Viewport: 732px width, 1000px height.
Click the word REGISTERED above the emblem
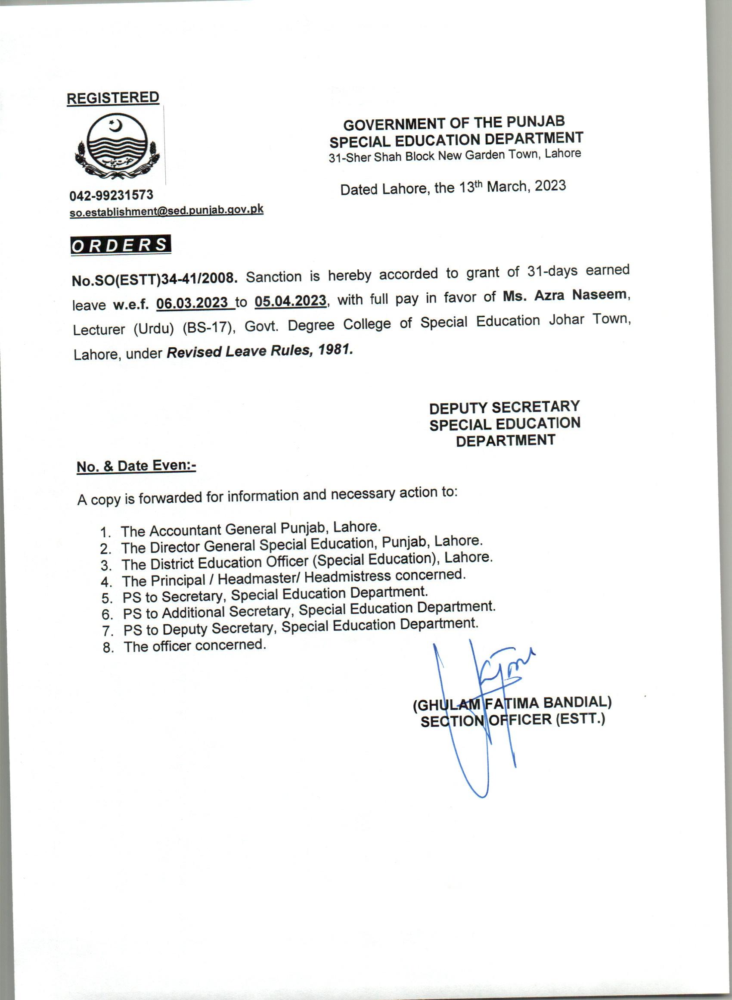[x=112, y=98]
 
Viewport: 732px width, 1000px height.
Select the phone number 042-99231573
[x=111, y=196]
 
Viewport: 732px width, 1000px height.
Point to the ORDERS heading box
[x=121, y=245]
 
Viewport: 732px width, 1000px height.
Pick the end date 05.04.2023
[x=290, y=301]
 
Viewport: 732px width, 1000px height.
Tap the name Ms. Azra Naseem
[x=565, y=295]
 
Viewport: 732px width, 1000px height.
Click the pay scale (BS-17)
[x=208, y=328]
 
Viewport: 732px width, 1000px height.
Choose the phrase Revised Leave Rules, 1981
[x=260, y=351]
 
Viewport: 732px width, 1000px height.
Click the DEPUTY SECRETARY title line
[x=504, y=407]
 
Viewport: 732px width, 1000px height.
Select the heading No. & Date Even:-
[x=136, y=466]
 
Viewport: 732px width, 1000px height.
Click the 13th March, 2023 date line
[x=453, y=188]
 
